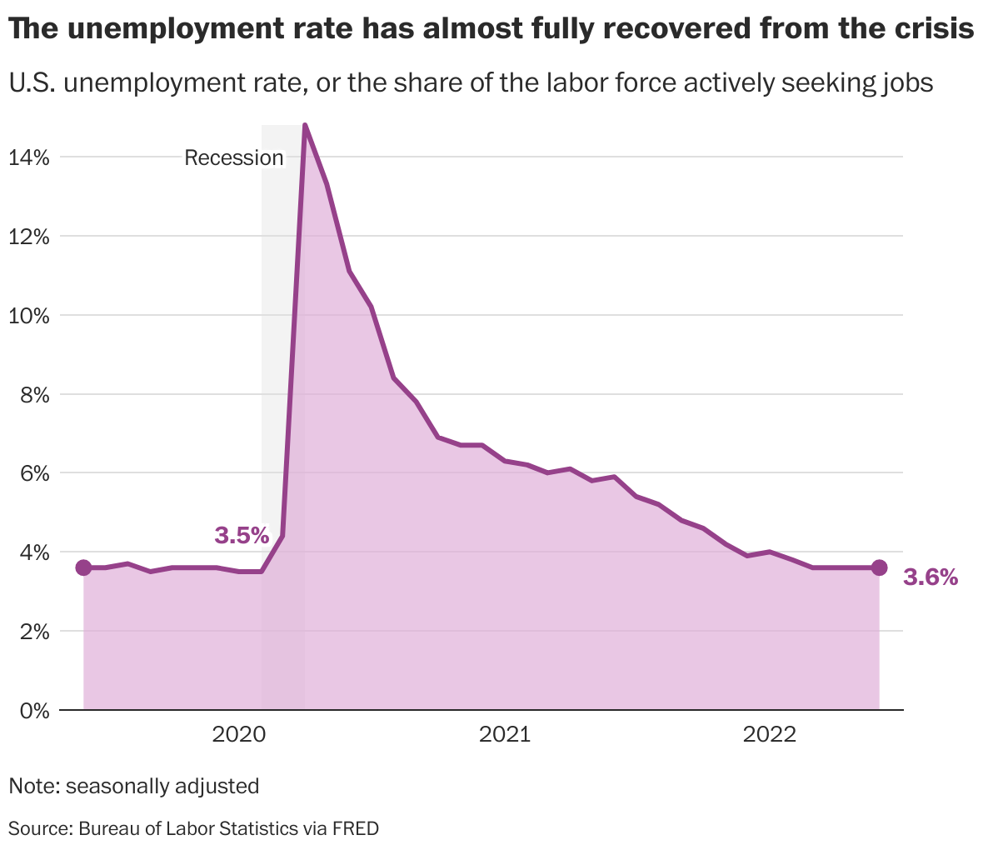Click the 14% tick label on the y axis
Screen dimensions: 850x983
click(x=29, y=157)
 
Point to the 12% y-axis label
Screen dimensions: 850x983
click(x=29, y=236)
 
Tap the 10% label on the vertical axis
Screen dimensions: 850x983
click(x=29, y=315)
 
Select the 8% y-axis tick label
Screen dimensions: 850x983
click(x=34, y=394)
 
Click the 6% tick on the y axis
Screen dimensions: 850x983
click(x=34, y=473)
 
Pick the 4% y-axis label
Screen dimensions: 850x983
click(x=34, y=552)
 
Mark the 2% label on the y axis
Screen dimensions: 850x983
click(x=34, y=632)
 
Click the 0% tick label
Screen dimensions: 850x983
click(x=34, y=711)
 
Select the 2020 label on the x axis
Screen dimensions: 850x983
click(x=239, y=734)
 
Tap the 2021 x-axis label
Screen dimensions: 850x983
click(x=505, y=734)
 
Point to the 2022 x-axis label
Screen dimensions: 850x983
click(x=771, y=734)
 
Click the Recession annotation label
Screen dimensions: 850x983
click(x=234, y=158)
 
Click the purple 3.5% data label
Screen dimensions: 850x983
click(x=242, y=535)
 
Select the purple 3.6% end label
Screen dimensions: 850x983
click(x=931, y=577)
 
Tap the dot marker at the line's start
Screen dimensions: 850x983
click(x=83, y=567)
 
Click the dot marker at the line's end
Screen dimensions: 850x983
click(x=879, y=567)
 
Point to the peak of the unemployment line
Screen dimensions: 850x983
click(x=305, y=126)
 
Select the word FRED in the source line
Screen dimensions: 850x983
click(x=356, y=828)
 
